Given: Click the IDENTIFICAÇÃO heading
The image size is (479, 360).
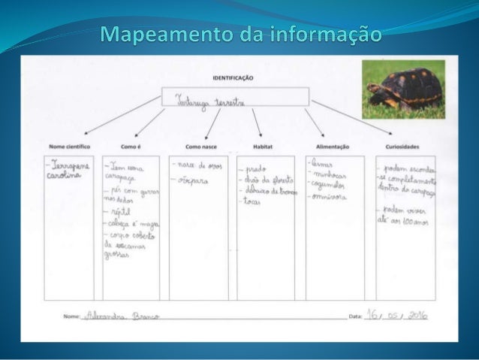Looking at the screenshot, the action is (x=233, y=77).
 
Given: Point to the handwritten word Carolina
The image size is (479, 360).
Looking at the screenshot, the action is (x=65, y=174).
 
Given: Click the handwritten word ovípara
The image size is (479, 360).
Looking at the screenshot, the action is (x=193, y=180).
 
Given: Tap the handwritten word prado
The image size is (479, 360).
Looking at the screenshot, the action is (x=256, y=170).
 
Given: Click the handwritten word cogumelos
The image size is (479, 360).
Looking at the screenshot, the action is (x=331, y=185).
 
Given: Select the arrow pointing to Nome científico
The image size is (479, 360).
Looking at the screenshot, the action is (x=113, y=120).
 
